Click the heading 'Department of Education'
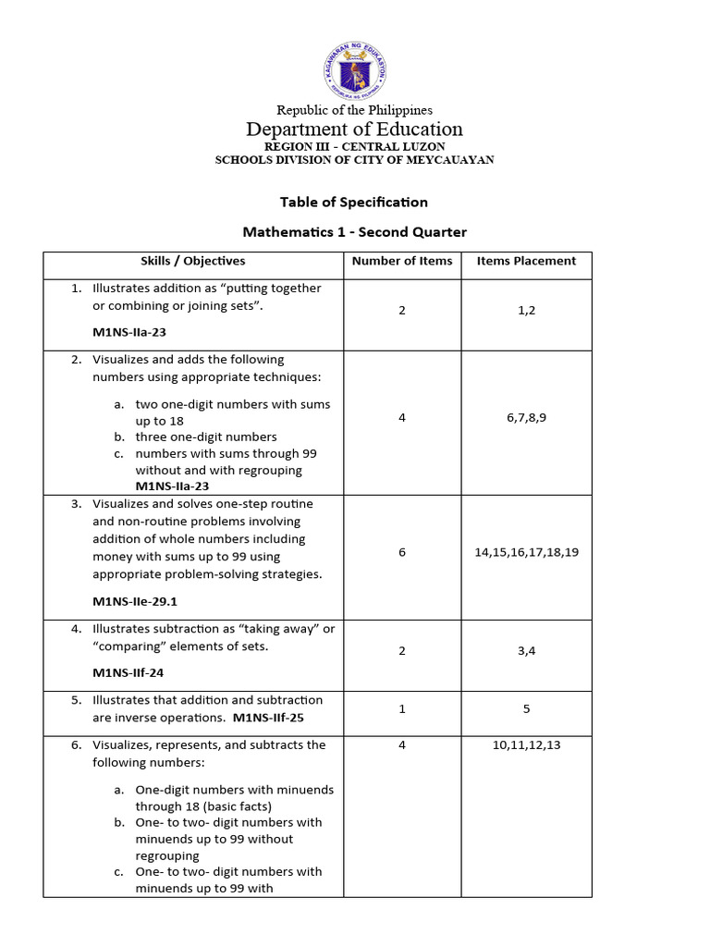(354, 129)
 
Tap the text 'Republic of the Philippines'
(354, 110)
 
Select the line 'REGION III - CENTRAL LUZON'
(354, 146)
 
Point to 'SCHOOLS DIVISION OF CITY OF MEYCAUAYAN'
(354, 160)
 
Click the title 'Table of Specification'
(354, 202)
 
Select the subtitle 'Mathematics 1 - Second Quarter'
(354, 231)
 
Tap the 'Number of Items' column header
(402, 261)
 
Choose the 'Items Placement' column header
(526, 261)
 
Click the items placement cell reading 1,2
(526, 311)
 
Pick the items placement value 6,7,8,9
(526, 418)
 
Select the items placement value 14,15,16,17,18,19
(526, 552)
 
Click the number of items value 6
(402, 552)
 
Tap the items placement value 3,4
(526, 651)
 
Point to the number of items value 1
(402, 709)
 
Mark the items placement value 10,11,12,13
(526, 745)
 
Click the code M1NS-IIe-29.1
(135, 601)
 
